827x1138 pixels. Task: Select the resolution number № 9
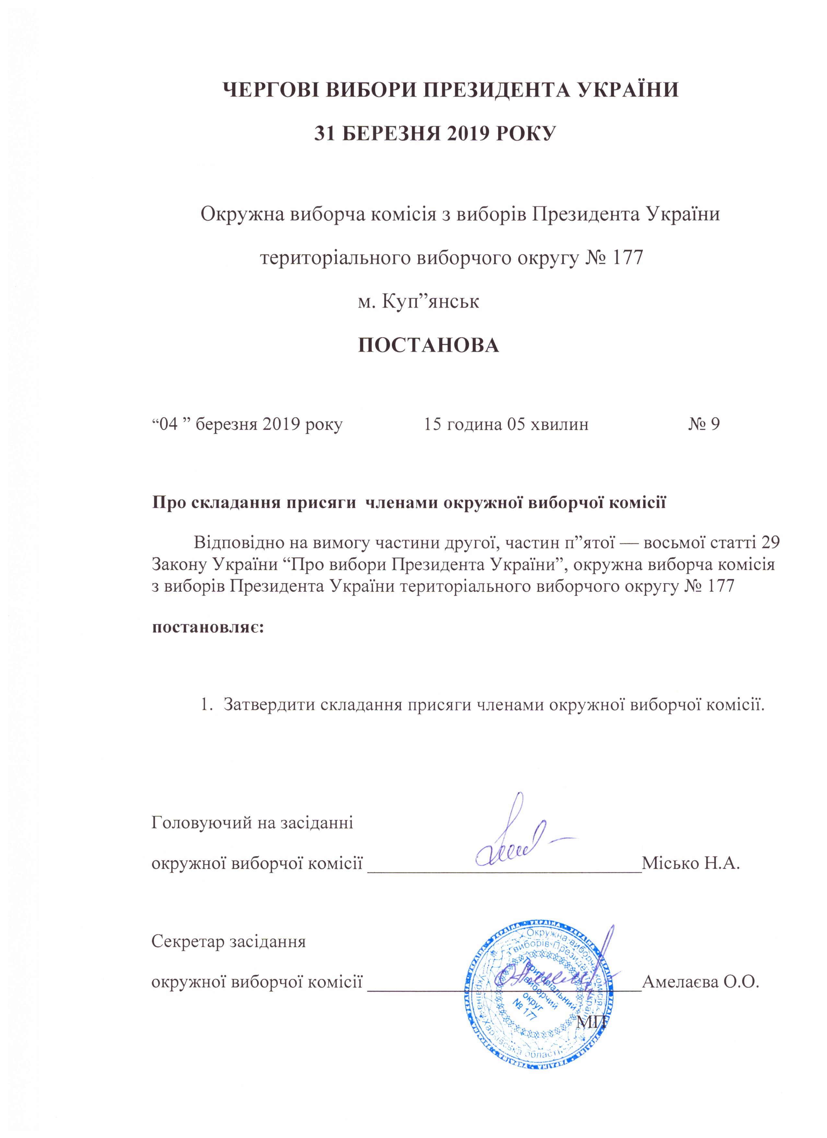[704, 424]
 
